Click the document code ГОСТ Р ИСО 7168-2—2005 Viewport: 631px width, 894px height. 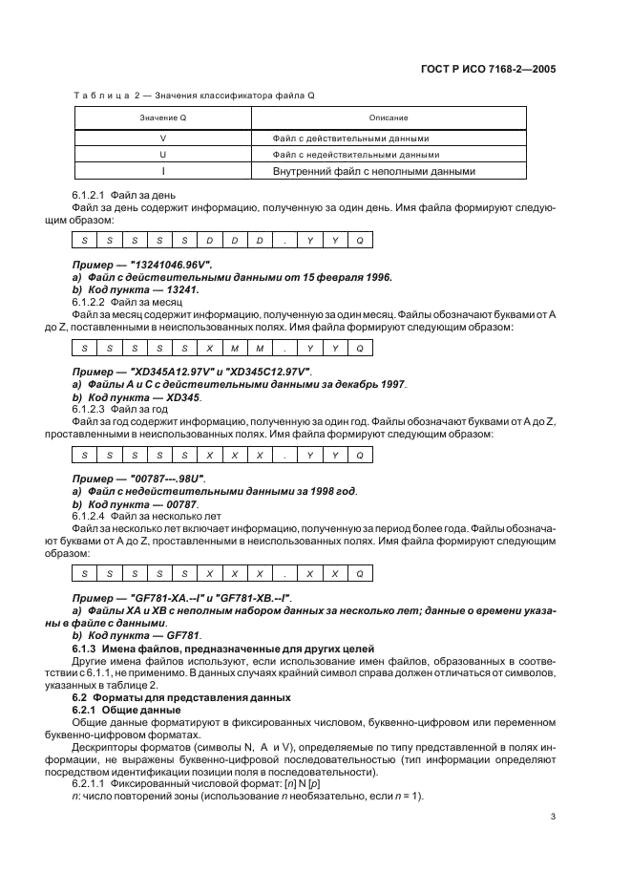pos(487,69)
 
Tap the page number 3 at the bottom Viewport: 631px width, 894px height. pos(553,818)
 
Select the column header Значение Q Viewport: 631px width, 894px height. pos(162,117)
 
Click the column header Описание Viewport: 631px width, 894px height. pos(389,117)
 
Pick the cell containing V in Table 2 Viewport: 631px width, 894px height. pos(162,138)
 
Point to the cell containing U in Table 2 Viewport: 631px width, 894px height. pos(162,154)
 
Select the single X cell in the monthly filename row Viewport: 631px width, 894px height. pos(209,350)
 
